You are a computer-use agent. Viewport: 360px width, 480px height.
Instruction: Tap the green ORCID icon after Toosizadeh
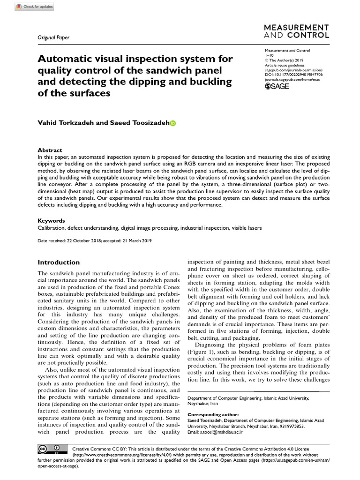[x=172, y=123]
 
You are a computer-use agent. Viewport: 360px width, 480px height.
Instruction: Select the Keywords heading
[x=51, y=220]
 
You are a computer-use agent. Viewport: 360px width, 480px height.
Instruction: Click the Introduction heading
[x=59, y=262]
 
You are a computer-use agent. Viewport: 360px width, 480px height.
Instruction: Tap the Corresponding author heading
[x=213, y=415]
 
